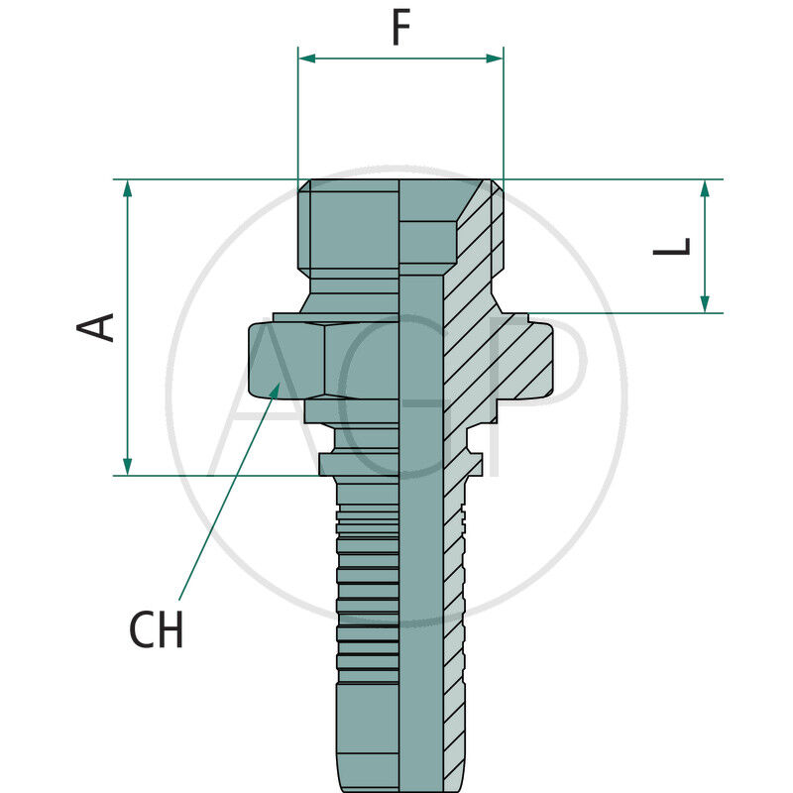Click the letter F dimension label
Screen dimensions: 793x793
click(x=400, y=29)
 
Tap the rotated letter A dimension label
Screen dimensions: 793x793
click(x=98, y=327)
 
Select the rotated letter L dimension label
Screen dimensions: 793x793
click(x=673, y=247)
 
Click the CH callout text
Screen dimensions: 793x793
click(x=157, y=630)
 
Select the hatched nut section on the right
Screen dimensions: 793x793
click(x=525, y=359)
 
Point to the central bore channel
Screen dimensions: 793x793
click(x=421, y=545)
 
